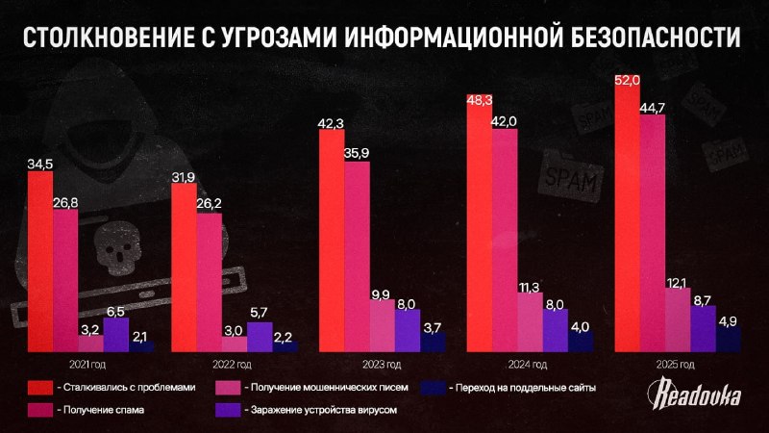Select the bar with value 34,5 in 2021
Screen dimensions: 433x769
[x=40, y=260]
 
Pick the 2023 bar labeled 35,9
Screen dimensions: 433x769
[x=357, y=255]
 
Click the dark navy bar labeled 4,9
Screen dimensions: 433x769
[x=728, y=338]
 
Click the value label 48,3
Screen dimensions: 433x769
[x=480, y=99]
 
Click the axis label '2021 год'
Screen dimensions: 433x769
[x=88, y=365]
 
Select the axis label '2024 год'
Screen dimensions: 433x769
[x=527, y=365]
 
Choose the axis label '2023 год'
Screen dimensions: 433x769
[x=381, y=365]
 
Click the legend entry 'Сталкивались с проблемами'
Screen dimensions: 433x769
[x=125, y=387]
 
